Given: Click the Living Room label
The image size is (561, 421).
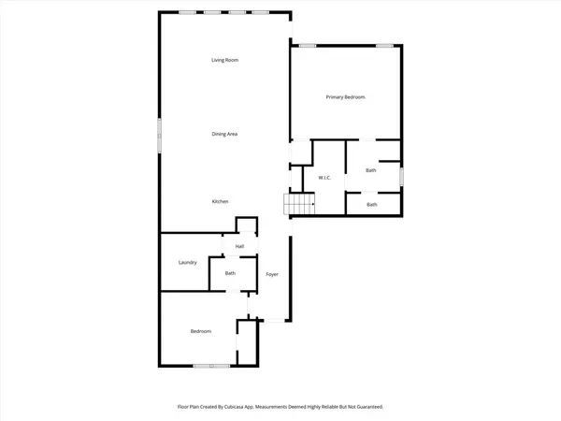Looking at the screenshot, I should pos(224,61).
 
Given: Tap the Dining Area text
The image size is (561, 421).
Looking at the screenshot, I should pos(224,135).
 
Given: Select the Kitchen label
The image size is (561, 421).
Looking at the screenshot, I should pos(221,202).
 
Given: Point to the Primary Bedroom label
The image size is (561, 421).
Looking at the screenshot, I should pos(345,97).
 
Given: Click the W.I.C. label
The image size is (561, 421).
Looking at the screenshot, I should pos(325,178).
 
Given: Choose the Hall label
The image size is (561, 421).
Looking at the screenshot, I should pos(239,246).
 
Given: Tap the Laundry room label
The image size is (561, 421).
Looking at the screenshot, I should pos(187,263).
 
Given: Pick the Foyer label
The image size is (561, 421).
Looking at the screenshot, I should pos(272,274).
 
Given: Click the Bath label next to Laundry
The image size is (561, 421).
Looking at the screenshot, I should pos(230,273).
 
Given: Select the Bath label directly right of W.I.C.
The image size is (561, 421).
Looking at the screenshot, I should pos(371,170).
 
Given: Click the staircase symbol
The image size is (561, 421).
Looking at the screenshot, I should pos(300,203).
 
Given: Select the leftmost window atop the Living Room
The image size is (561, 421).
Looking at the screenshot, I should pos(188,12).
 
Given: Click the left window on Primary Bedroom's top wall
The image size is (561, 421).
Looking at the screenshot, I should pos(307,45).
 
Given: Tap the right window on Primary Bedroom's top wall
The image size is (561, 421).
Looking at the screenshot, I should pos(382,45).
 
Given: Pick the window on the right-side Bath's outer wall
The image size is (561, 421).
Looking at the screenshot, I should pos(403,175).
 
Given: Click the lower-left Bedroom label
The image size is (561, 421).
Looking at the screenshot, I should pos(201,331).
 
